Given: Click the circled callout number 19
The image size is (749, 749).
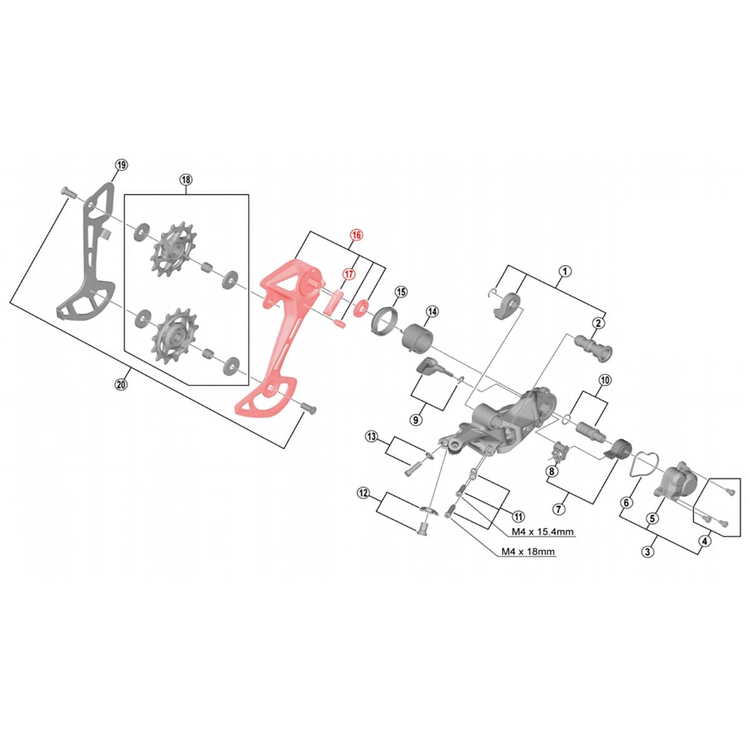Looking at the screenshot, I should click(121, 165).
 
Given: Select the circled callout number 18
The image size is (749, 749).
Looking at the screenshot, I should click(185, 180).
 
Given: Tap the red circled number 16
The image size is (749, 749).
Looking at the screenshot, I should click(356, 235).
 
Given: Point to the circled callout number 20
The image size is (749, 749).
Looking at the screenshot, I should click(121, 385).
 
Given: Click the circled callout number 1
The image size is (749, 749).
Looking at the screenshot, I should click(564, 271).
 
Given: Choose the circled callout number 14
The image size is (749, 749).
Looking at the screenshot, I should click(432, 311).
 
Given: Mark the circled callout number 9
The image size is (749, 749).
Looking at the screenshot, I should click(416, 420).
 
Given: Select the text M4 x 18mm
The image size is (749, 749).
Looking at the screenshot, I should click(528, 552).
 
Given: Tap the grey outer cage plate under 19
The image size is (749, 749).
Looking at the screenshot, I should click(87, 262).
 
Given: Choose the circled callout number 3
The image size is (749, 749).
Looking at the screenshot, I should click(649, 552).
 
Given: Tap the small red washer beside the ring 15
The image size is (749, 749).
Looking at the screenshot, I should click(361, 308).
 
